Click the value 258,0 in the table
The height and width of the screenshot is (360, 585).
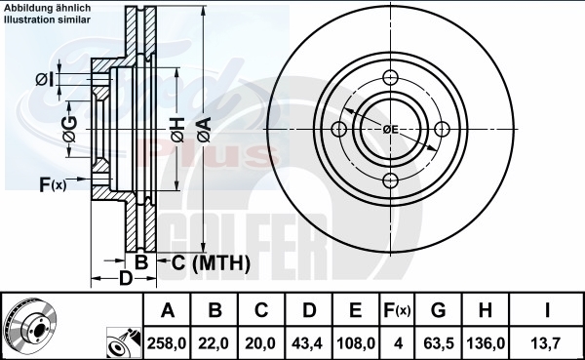pos(167,342)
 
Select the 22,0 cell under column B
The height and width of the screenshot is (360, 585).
pos(214,342)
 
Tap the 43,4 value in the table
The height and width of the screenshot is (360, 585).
pos(307,342)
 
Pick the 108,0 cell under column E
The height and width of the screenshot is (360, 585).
pos(356,342)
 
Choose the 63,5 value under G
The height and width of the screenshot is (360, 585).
pos(439,342)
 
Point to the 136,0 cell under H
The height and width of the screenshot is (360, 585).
pos(486,342)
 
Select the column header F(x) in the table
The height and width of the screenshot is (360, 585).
pos(397,310)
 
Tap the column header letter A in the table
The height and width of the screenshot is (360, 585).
pos(168,310)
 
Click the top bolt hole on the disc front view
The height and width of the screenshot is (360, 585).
pos(390,78)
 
